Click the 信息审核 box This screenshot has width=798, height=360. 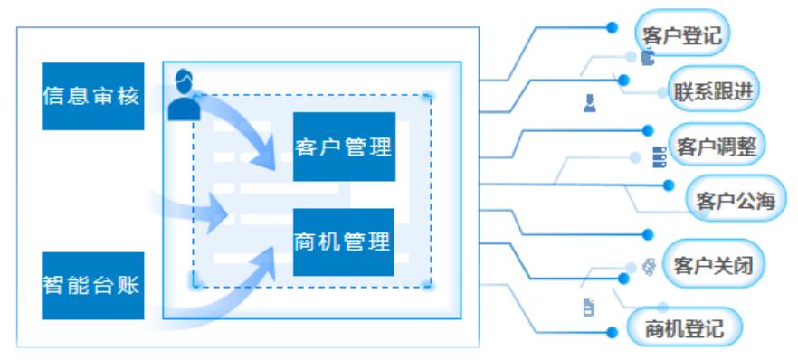coord(92,96)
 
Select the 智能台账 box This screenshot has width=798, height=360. coord(92,286)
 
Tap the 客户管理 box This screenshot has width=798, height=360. coord(344,147)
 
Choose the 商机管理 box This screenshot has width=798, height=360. coord(344,242)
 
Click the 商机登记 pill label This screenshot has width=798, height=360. coord(684,328)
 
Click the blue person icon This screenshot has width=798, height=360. coord(184,94)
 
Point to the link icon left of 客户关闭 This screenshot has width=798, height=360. coord(648,266)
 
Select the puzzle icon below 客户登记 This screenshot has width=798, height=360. coord(647,57)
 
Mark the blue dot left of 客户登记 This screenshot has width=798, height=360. coord(613,27)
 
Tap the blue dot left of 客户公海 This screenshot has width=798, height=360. coord(669,185)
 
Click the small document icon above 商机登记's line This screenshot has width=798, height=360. coord(588,308)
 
